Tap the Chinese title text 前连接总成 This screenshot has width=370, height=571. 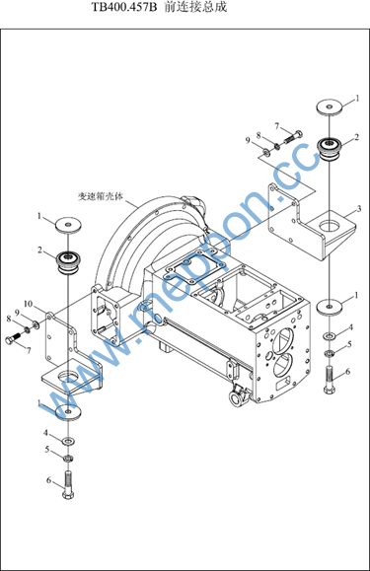(195, 7)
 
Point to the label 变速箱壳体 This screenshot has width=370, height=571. (101, 196)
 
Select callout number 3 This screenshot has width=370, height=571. (359, 209)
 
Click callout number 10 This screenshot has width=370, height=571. (29, 304)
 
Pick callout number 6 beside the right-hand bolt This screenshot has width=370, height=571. (347, 372)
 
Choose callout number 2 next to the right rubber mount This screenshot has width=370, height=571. (357, 137)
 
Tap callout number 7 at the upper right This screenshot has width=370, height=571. (277, 126)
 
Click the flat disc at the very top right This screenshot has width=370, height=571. (330, 107)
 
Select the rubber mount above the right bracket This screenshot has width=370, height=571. (329, 148)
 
